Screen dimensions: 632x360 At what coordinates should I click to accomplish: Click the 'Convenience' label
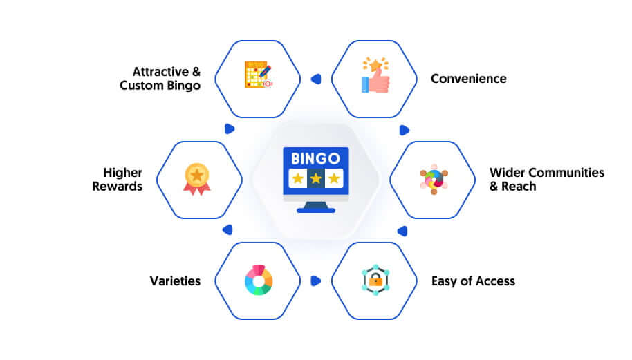(x=468, y=79)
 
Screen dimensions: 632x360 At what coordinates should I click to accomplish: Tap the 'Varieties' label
(x=175, y=281)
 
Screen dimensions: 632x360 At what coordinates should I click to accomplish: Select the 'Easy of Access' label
(x=473, y=281)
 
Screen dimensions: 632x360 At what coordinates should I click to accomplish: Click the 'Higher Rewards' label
(x=118, y=179)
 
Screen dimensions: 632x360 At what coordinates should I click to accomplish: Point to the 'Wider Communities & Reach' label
(x=547, y=179)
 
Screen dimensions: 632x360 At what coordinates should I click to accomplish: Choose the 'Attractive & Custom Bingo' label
(x=160, y=79)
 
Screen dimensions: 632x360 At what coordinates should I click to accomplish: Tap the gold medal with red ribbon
(x=196, y=179)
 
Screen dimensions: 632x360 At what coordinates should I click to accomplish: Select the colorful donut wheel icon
(x=259, y=281)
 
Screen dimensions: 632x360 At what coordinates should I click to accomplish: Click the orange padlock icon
(x=375, y=280)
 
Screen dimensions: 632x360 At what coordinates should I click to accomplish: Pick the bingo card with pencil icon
(x=259, y=75)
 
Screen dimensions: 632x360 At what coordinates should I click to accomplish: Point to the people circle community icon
(x=434, y=180)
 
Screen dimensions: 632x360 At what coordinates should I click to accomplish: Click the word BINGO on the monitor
(x=315, y=159)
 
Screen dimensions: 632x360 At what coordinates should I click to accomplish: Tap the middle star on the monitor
(x=315, y=178)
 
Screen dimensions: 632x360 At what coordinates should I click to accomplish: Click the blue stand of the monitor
(x=315, y=208)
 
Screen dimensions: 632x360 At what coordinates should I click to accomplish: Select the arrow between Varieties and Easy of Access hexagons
(x=315, y=281)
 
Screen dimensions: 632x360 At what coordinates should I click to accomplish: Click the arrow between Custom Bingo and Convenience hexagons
(x=316, y=79)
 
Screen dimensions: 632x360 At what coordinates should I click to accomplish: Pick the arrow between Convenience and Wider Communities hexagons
(x=405, y=130)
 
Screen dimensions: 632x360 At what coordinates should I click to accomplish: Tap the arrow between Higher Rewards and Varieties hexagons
(x=227, y=230)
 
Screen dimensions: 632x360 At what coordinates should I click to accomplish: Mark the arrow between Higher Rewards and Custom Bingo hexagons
(x=230, y=129)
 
